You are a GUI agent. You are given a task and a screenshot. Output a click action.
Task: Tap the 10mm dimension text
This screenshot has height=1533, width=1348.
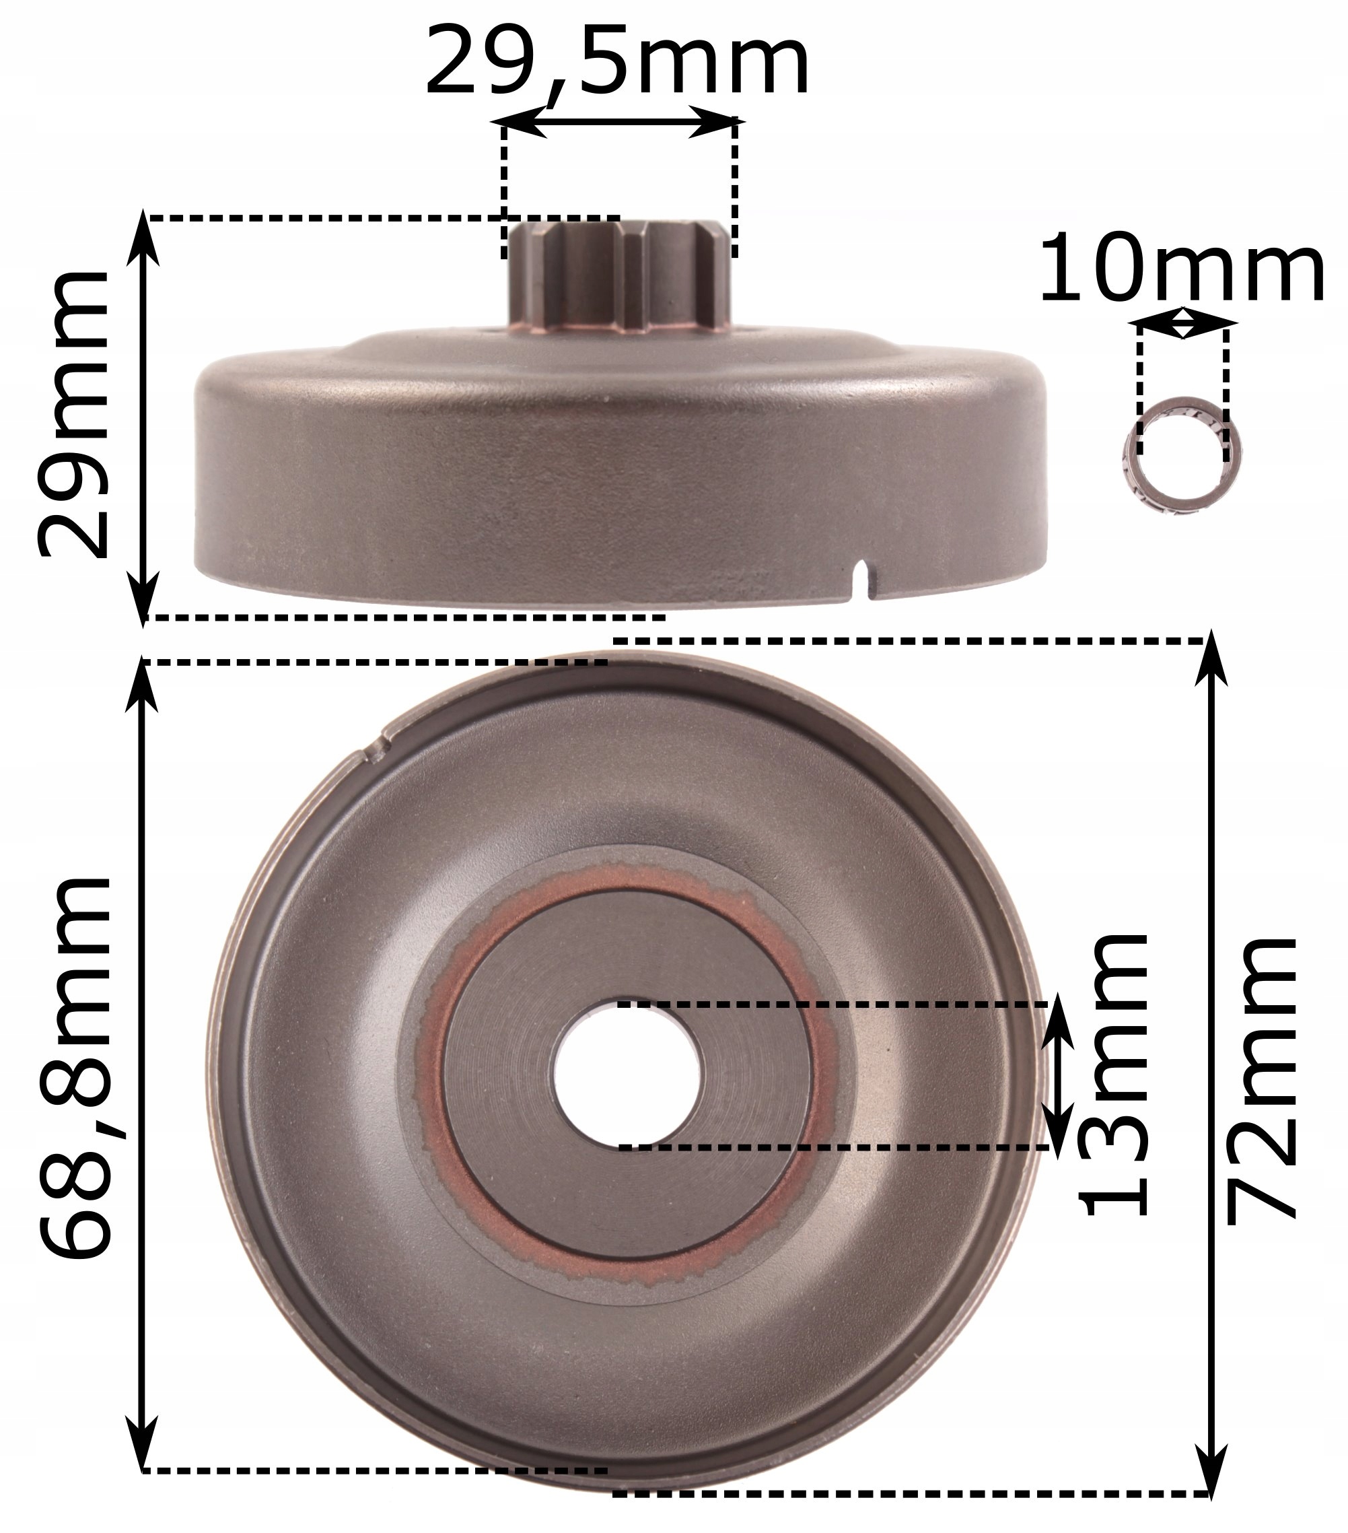pyautogui.click(x=1181, y=269)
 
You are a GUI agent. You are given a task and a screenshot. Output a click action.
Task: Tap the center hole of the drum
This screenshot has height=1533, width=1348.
pyautogui.click(x=629, y=1075)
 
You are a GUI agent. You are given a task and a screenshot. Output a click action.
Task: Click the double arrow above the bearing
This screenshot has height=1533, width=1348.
pyautogui.click(x=1182, y=324)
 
